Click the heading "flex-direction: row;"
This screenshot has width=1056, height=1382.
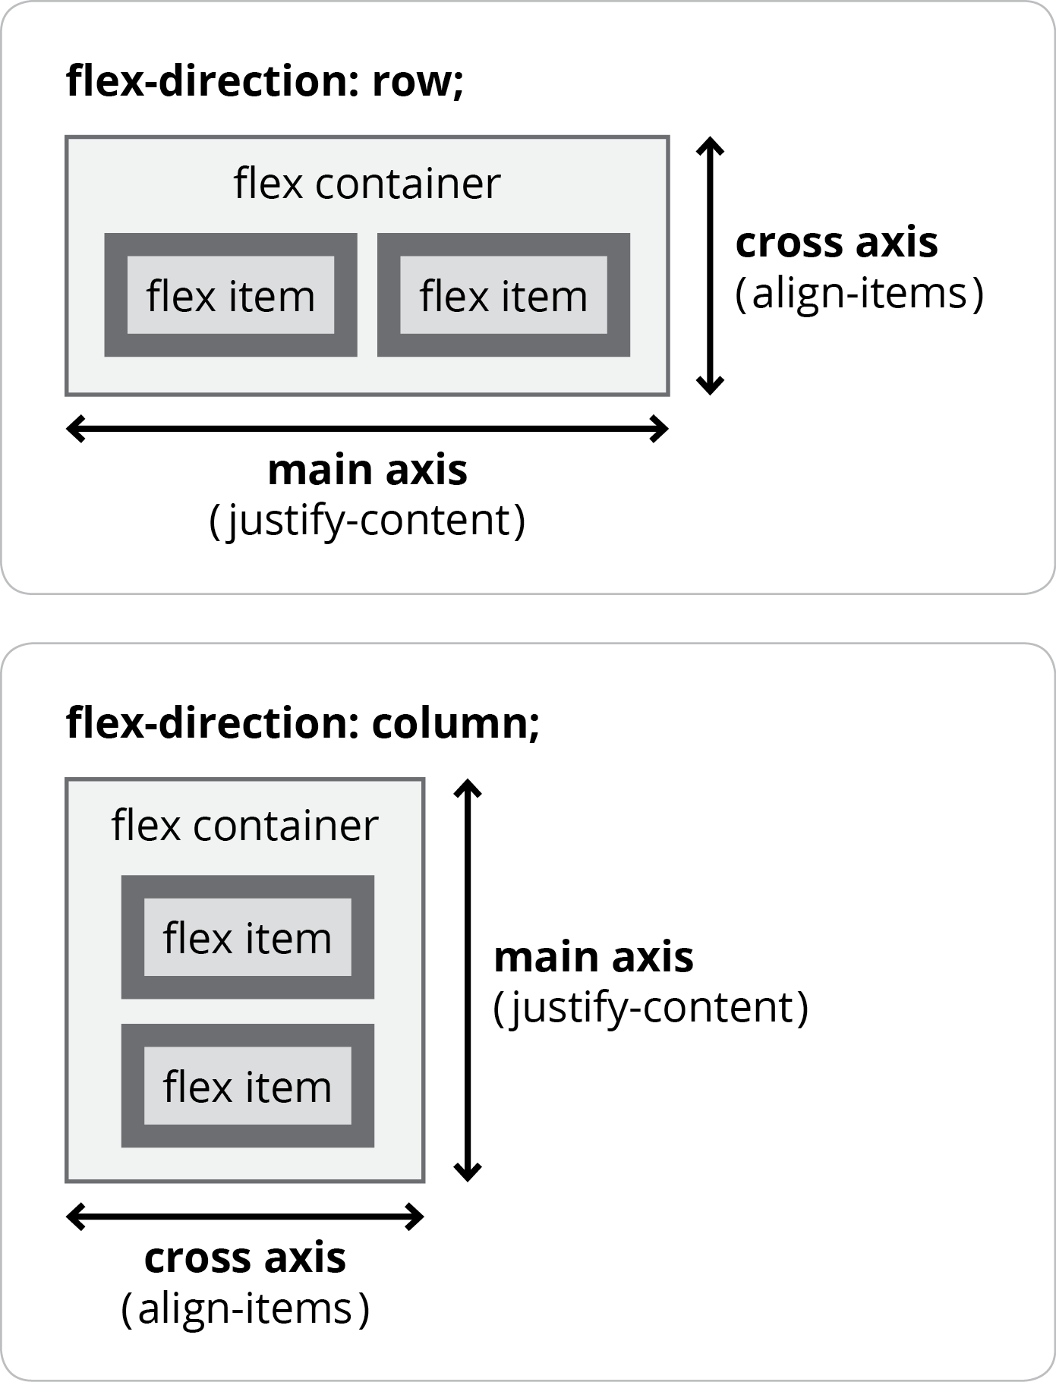tap(264, 80)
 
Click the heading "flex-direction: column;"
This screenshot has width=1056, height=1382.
tap(302, 722)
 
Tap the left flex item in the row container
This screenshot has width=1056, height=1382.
tap(230, 295)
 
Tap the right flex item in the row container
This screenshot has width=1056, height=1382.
tap(503, 295)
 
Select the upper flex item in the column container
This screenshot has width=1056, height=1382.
tap(247, 937)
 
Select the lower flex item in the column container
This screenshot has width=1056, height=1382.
tap(247, 1086)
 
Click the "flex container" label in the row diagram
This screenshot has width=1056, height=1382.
tap(367, 184)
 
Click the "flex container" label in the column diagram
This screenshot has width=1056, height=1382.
tap(244, 826)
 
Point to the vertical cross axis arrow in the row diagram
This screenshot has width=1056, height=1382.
tap(710, 266)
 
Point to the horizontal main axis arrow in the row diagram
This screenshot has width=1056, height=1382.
tap(367, 429)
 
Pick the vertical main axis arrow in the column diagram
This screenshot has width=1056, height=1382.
tap(468, 980)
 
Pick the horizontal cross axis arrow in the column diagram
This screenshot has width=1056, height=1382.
tap(244, 1217)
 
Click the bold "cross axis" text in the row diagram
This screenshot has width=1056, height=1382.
tap(837, 243)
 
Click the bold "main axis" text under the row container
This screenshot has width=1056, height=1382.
tap(367, 471)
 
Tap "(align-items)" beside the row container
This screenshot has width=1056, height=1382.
tap(859, 294)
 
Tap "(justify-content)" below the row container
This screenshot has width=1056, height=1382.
tap(367, 521)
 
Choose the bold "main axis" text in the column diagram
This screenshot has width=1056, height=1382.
tap(593, 957)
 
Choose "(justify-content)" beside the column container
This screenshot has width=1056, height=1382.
tap(651, 1008)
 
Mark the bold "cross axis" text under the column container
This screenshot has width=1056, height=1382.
tap(244, 1258)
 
